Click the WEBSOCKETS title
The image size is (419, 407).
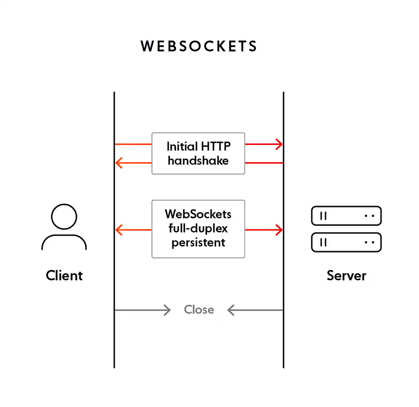click(x=199, y=46)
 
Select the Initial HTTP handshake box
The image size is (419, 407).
click(x=198, y=153)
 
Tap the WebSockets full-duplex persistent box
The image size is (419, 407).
click(x=198, y=229)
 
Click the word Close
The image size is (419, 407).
click(x=199, y=310)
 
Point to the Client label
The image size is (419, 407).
click(x=64, y=275)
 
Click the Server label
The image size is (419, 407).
click(x=346, y=275)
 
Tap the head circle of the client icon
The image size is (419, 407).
click(x=64, y=216)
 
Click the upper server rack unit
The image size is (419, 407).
click(x=346, y=216)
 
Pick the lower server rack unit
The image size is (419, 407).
click(x=346, y=242)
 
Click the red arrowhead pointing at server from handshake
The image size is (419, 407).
click(x=279, y=144)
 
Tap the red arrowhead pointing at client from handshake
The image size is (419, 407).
click(x=119, y=163)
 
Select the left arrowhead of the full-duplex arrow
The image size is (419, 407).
click(x=119, y=230)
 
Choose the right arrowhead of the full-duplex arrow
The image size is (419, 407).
click(x=279, y=230)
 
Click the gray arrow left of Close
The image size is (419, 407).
click(x=143, y=310)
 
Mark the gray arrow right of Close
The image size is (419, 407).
click(x=255, y=310)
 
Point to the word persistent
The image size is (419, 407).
click(x=198, y=243)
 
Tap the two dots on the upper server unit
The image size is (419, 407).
click(x=369, y=216)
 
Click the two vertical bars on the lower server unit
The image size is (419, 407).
click(x=323, y=242)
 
